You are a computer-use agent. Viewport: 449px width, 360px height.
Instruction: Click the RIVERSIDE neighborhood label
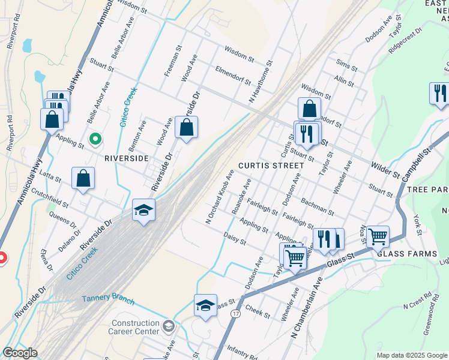click(x=126, y=158)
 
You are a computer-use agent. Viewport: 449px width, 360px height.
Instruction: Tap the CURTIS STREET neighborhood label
click(x=271, y=165)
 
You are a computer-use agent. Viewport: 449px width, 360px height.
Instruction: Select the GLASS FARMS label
click(x=407, y=254)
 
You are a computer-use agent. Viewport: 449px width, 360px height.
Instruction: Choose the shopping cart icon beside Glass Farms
click(x=378, y=236)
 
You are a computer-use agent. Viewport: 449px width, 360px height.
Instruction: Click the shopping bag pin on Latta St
click(x=83, y=178)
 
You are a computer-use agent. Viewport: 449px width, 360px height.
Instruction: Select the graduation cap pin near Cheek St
click(x=205, y=305)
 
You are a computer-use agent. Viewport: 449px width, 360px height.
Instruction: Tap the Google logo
click(x=19, y=353)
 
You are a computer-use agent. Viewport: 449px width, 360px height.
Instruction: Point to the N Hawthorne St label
click(x=261, y=81)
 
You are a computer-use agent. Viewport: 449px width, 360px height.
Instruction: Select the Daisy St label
click(x=234, y=239)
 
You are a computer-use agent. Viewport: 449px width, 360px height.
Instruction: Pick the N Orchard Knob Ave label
click(x=219, y=196)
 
